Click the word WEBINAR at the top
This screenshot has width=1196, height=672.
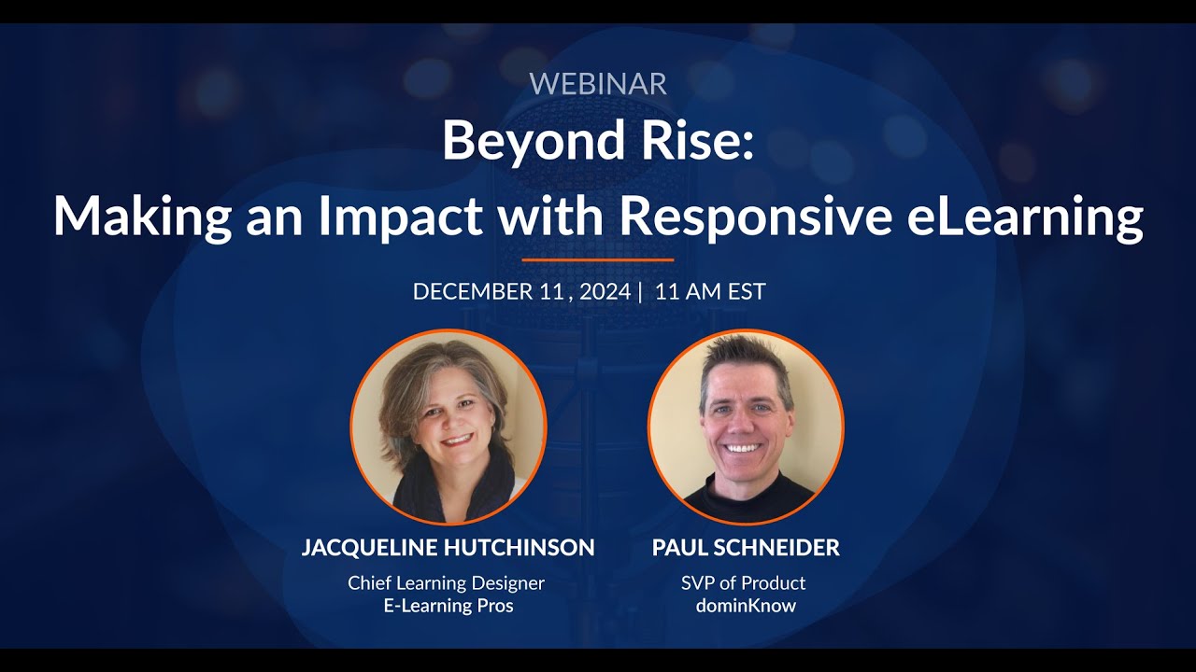click(x=598, y=83)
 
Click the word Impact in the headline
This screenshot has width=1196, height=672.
click(x=403, y=217)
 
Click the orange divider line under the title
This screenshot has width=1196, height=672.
click(x=598, y=259)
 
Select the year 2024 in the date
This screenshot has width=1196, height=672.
click(x=605, y=291)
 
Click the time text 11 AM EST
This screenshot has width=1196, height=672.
click(x=710, y=291)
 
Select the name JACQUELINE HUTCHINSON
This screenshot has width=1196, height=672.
click(x=448, y=548)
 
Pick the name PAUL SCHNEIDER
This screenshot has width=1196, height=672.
click(x=746, y=548)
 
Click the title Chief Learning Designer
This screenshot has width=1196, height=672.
click(x=446, y=583)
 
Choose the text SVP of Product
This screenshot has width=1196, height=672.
click(x=743, y=583)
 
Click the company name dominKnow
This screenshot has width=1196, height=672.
click(x=746, y=606)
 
